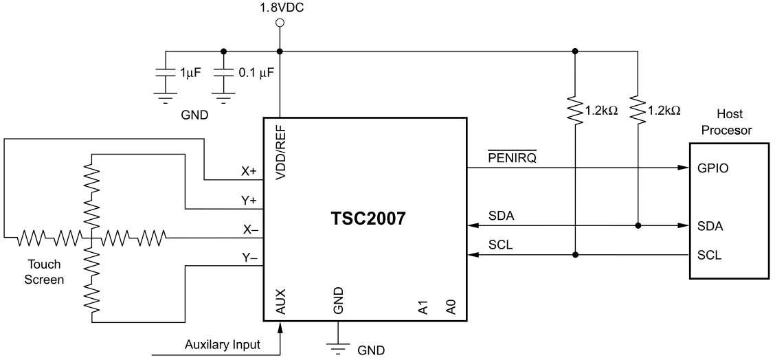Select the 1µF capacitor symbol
164,73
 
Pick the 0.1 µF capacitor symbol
223,73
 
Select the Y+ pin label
248,201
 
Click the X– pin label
248,229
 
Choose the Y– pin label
248,258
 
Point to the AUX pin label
280,303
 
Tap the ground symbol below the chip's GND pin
338,347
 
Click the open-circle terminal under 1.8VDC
280,23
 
